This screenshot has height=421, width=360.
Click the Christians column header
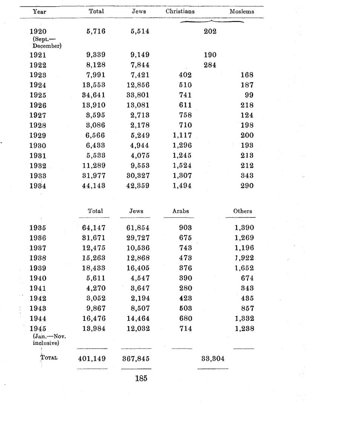point(180,11)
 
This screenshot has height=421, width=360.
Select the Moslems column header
point(242,11)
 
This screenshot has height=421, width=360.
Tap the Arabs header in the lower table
point(180,211)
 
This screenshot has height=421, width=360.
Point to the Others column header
point(242,211)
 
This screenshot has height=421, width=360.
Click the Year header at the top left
point(40,11)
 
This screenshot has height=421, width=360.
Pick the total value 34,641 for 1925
point(94,95)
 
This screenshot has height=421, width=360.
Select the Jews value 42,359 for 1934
point(138,186)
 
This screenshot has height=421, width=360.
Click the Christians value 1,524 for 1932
point(182,165)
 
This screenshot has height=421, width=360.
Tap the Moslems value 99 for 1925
point(248,95)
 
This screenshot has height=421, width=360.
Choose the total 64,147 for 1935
point(94,228)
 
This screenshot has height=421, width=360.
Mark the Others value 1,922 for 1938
point(244,258)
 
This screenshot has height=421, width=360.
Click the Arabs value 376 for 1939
point(186,268)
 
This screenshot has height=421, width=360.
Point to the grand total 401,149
point(92,359)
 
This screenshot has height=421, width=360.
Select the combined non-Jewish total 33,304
point(212,359)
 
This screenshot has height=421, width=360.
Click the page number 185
point(141,379)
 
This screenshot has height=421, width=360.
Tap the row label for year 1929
point(37,135)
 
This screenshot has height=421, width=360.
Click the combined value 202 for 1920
point(210,32)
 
